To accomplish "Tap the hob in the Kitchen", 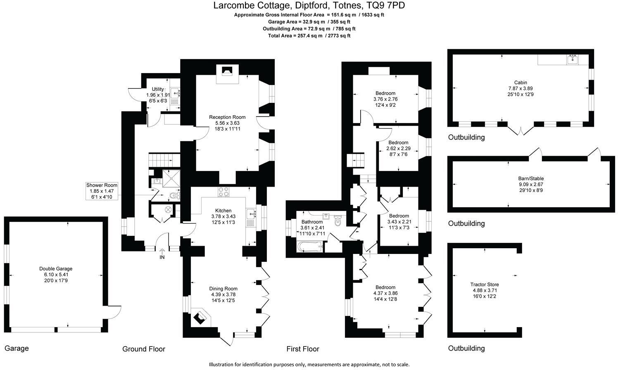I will [x=223, y=192].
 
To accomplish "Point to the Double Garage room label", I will [x=56, y=268].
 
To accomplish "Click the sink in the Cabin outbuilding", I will [x=572, y=59].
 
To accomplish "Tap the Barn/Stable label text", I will [x=520, y=178].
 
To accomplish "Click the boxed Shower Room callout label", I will [x=101, y=191].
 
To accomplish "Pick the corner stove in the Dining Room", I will [x=201, y=317].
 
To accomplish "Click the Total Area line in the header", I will [x=309, y=36].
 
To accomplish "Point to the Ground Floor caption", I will [x=143, y=349].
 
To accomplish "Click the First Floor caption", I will [x=303, y=349].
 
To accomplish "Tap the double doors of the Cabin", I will [x=520, y=130].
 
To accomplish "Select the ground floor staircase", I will [x=164, y=159].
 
